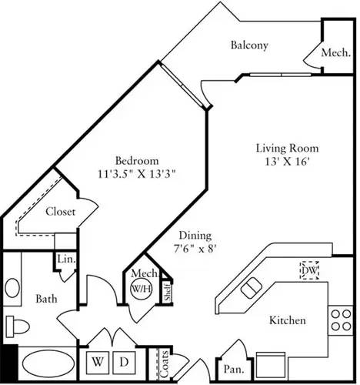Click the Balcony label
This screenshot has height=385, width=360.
coord(249,45)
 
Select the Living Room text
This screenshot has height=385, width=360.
coord(287,148)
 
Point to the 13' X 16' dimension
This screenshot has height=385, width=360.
coord(287,161)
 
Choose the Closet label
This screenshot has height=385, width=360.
coord(60,213)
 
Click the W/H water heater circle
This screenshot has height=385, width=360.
coord(141,289)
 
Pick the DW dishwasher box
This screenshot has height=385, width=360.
coord(310,271)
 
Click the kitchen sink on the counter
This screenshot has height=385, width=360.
coord(251,289)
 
